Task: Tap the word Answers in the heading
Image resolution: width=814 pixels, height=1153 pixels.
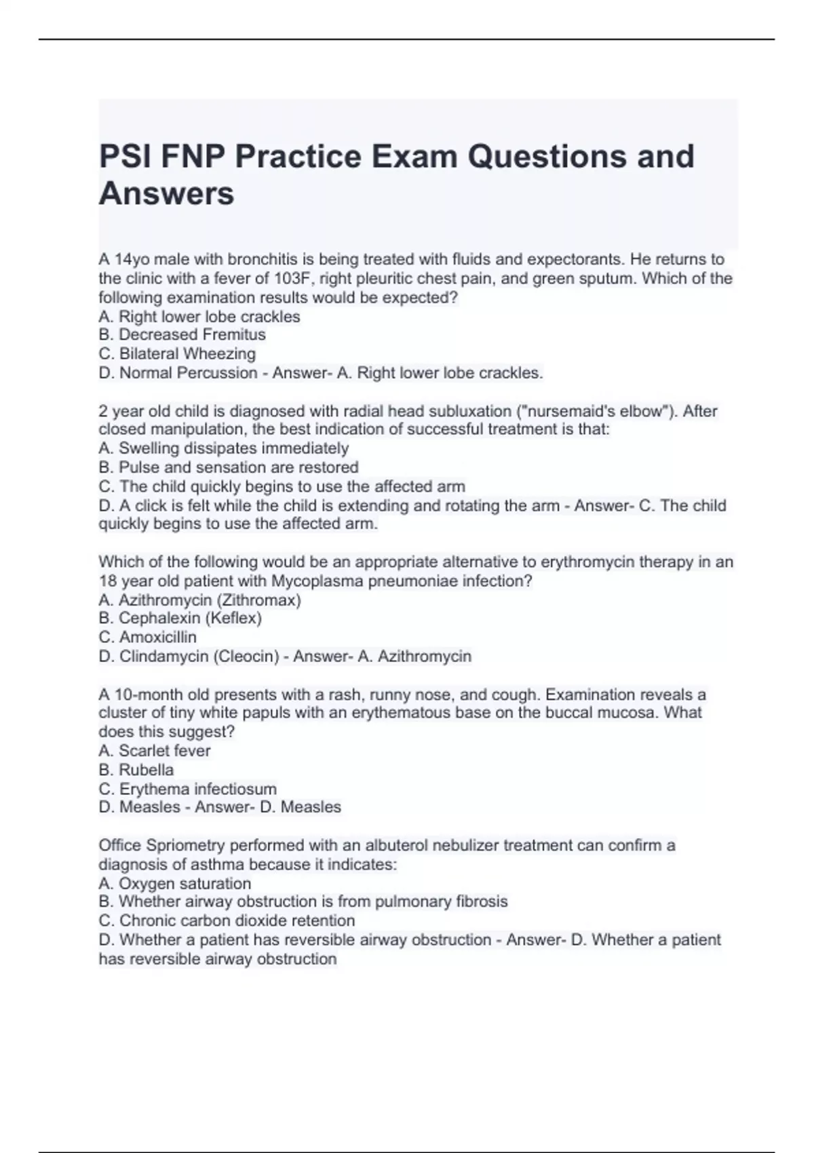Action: click(x=166, y=194)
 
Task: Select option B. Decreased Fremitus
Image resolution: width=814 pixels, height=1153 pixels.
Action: click(x=182, y=335)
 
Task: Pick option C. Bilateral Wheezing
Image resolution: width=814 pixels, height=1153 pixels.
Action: click(x=177, y=354)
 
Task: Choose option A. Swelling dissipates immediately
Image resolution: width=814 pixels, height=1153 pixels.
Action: click(x=223, y=448)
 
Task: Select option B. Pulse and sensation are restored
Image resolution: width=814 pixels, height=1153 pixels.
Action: click(x=228, y=467)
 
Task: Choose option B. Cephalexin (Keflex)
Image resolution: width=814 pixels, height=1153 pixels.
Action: click(x=180, y=619)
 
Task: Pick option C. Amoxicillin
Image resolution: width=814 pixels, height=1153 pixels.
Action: click(x=147, y=638)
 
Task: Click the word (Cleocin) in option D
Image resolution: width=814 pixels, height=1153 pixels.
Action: click(x=246, y=657)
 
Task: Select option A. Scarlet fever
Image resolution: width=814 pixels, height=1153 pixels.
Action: click(x=154, y=751)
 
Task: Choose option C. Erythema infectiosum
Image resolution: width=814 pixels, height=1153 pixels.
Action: click(x=187, y=789)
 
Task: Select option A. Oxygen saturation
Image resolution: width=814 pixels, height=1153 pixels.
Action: click(x=174, y=884)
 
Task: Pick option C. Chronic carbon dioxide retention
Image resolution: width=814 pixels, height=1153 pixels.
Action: click(x=227, y=921)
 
